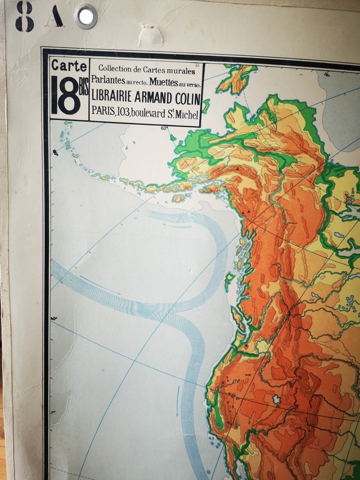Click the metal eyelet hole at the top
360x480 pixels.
tap(87, 16)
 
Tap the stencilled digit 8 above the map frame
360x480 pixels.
tap(25, 16)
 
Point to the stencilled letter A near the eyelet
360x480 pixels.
tap(56, 17)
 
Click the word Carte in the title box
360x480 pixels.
tap(68, 65)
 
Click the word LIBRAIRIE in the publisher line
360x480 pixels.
tap(117, 97)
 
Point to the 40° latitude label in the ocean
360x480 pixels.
tap(54, 318)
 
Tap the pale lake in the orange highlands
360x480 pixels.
tap(277, 399)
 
